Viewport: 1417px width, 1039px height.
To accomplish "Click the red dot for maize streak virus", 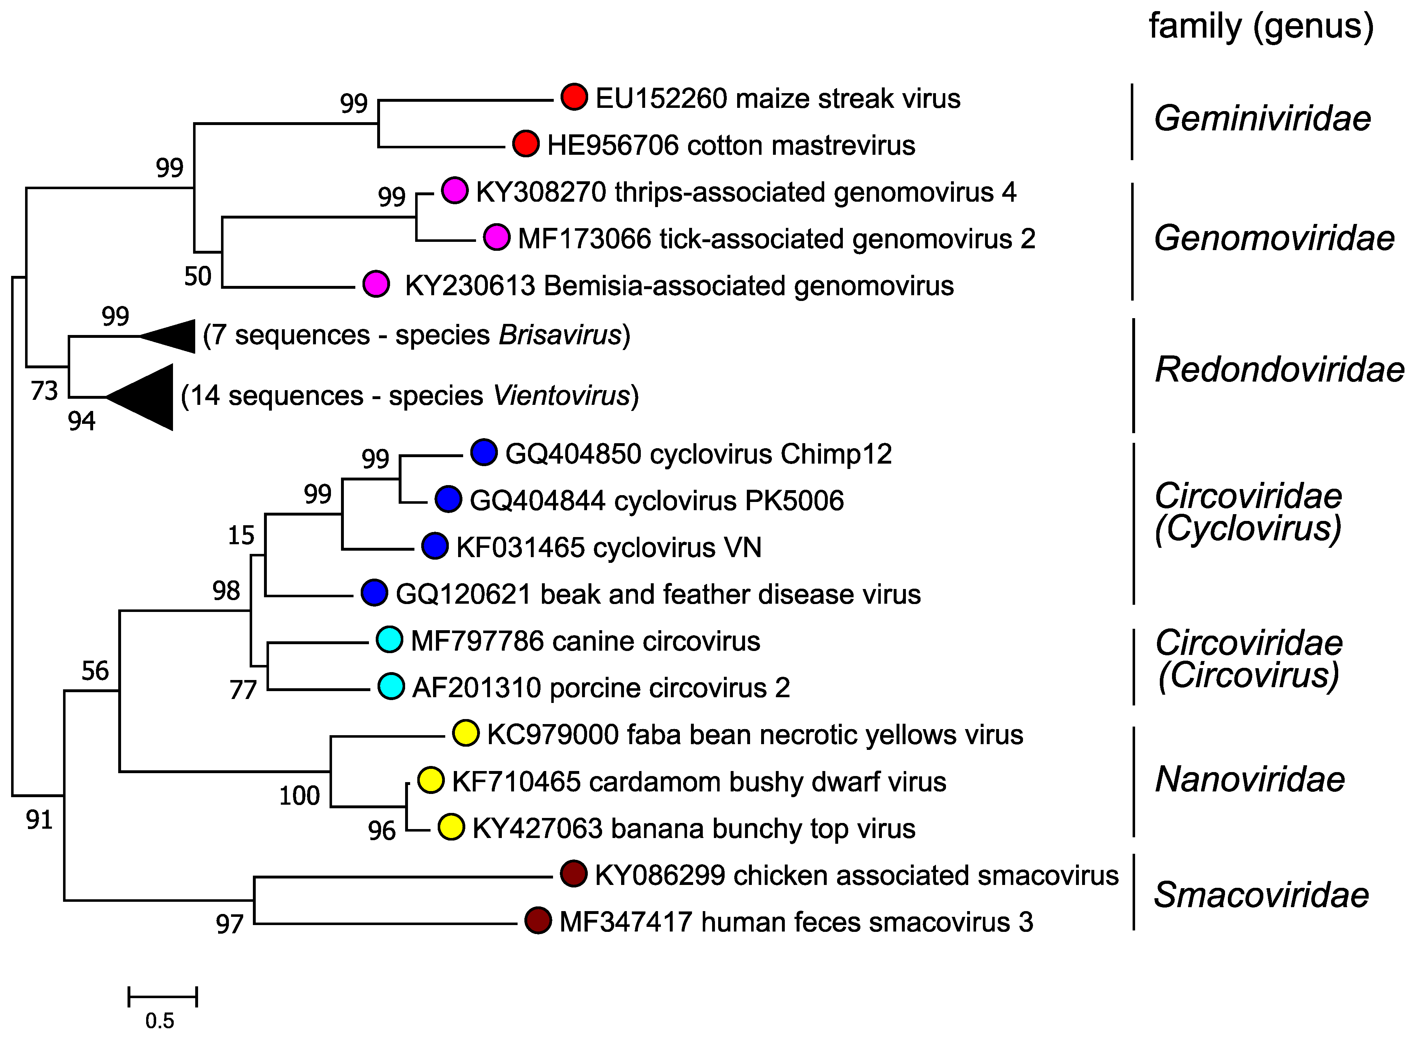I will coord(574,97).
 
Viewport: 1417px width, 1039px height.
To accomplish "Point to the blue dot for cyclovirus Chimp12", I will coord(484,453).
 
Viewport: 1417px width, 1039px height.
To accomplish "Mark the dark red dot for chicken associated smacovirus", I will coord(573,874).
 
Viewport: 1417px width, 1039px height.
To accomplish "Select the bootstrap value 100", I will coord(299,796).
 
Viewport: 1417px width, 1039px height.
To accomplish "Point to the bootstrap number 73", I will coord(44,391).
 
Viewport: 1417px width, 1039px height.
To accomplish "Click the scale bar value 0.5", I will coord(160,1020).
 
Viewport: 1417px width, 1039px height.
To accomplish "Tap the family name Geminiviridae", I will coord(1262,119).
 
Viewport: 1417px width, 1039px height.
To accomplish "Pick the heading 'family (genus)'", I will coord(1260,27).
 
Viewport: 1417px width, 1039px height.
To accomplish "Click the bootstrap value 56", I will coord(95,671).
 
